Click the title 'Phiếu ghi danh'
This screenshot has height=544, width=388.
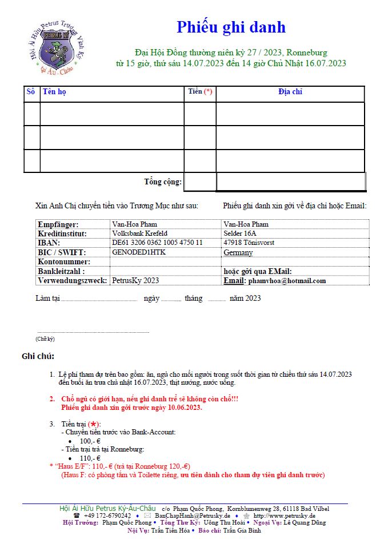pyautogui.click(x=231, y=27)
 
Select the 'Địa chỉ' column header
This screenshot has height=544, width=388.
pyautogui.click(x=290, y=92)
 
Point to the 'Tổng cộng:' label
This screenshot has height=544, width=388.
pyautogui.click(x=163, y=182)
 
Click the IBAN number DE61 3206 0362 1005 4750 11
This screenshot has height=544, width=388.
pyautogui.click(x=157, y=243)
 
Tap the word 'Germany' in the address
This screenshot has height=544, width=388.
pyautogui.click(x=238, y=253)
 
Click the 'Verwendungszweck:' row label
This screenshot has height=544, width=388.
pyautogui.click(x=72, y=281)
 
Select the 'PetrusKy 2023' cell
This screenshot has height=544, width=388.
pyautogui.click(x=135, y=281)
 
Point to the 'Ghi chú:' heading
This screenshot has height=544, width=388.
pyautogui.click(x=38, y=357)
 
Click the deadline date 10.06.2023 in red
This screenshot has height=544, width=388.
pyautogui.click(x=185, y=408)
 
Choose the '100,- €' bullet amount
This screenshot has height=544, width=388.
pyautogui.click(x=90, y=441)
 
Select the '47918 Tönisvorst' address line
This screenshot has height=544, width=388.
pyautogui.click(x=249, y=243)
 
